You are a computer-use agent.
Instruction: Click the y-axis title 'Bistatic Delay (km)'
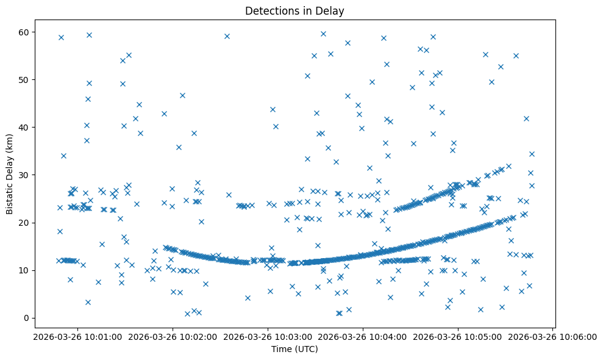(10, 173)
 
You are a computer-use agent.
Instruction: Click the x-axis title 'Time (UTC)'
(294, 350)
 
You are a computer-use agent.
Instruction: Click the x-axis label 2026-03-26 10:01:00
(77, 336)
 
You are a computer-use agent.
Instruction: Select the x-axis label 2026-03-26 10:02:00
(173, 336)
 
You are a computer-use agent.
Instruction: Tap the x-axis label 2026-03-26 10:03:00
(268, 336)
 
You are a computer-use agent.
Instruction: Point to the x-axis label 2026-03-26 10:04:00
(363, 336)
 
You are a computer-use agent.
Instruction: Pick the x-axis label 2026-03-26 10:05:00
(458, 336)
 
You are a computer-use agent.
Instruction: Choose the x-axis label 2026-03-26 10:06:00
(553, 336)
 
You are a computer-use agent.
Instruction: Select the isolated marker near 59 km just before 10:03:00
(227, 36)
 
